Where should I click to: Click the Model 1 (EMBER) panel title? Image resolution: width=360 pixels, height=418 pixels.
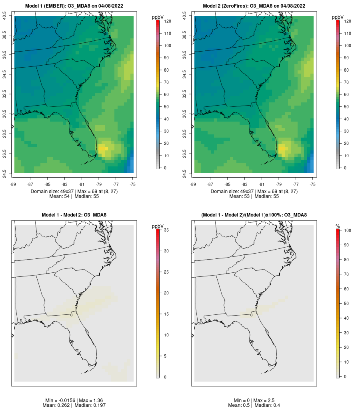tap(74, 6)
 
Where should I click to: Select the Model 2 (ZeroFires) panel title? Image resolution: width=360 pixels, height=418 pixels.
tap(254, 6)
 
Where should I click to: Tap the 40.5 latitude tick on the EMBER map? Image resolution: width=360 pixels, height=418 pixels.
tap(5, 16)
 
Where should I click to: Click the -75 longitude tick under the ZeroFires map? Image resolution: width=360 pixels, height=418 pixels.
tap(312, 184)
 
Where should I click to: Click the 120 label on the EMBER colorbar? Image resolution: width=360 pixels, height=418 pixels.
tap(167, 21)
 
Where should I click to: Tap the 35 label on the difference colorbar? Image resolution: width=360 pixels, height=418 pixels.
tap(166, 230)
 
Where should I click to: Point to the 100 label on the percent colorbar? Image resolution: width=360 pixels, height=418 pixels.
tap(347, 230)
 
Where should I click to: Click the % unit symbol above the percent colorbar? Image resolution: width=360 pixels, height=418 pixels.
tap(338, 226)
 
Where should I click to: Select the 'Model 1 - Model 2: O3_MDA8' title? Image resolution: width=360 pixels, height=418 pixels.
tap(74, 215)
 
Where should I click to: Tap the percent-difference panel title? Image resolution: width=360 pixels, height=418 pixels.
tap(254, 215)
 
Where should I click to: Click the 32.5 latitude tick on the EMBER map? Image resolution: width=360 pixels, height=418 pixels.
tap(5, 94)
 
